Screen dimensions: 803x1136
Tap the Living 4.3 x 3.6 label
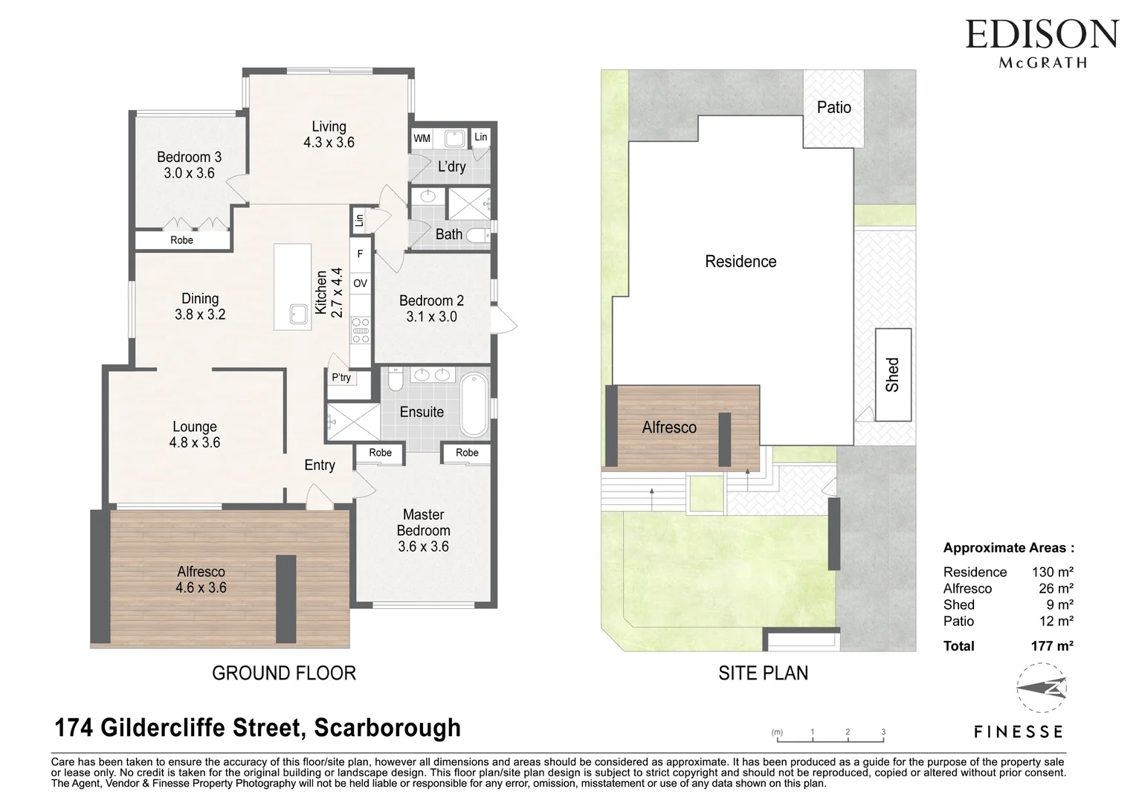tap(329, 135)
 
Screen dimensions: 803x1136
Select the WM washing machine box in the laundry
tap(422, 138)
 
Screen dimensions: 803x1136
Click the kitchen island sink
tap(300, 314)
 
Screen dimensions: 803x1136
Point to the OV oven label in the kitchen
tap(360, 283)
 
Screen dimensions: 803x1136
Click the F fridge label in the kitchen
tap(360, 254)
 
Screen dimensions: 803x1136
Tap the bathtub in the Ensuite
tap(474, 406)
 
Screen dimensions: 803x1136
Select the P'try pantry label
tap(341, 378)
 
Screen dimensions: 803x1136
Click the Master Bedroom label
tap(423, 523)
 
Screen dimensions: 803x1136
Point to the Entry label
tap(320, 465)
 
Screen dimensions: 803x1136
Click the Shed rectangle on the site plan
tap(893, 374)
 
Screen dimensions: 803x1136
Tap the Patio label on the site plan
tap(833, 107)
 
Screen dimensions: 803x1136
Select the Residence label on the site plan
tap(740, 262)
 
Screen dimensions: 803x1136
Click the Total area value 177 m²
tap(1052, 646)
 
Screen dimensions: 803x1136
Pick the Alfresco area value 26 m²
tap(1056, 589)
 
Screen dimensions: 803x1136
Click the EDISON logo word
tap(1042, 35)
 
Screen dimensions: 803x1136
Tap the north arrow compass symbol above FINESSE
tap(1042, 688)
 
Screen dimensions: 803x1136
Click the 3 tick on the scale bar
tap(883, 732)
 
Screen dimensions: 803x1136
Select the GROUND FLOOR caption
tap(284, 673)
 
